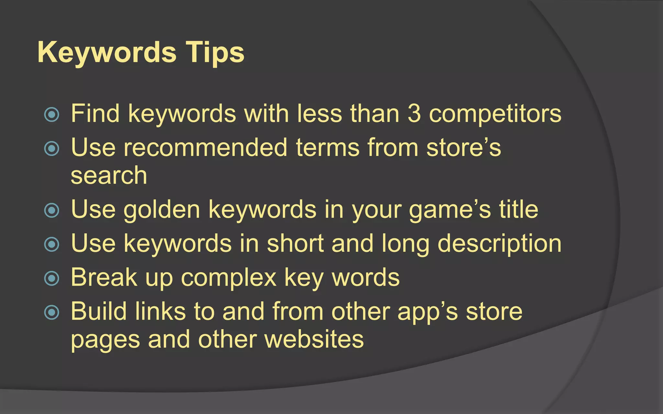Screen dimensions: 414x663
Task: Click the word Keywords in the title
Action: (x=107, y=53)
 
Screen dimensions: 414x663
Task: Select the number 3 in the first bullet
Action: (x=414, y=114)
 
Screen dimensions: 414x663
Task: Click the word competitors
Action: (x=495, y=114)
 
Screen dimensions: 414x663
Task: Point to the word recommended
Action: (x=206, y=147)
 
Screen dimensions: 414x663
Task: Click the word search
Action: (x=109, y=176)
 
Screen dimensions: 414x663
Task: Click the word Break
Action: (x=104, y=277)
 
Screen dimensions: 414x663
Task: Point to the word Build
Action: (x=99, y=311)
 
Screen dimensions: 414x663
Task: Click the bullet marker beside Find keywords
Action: (x=52, y=114)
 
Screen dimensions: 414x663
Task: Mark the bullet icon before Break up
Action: (x=52, y=278)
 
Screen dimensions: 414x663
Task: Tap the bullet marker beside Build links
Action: (x=52, y=312)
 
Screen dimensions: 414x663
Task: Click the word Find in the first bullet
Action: (x=95, y=114)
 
